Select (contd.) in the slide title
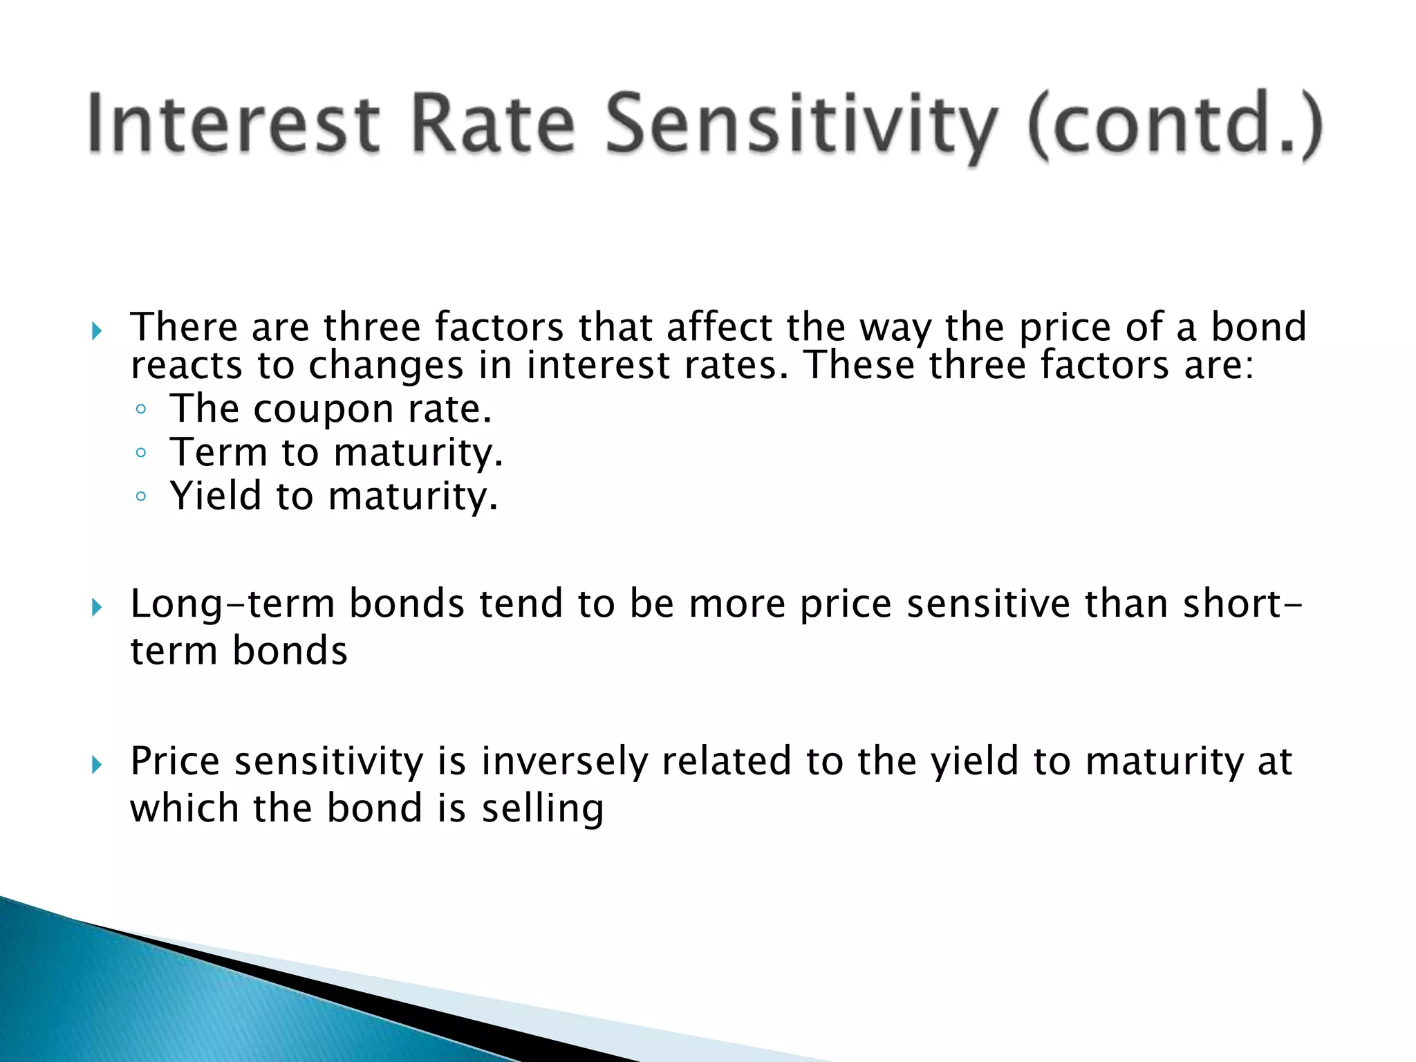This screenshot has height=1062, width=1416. pos(1175,124)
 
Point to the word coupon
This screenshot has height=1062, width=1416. pos(323,409)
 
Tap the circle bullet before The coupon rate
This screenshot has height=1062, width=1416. pos(141,409)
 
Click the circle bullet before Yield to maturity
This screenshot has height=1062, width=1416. pos(141,496)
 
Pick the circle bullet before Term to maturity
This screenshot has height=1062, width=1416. pos(141,453)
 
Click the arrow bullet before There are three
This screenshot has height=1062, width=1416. pos(97,331)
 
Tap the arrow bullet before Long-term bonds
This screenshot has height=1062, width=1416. pos(97,608)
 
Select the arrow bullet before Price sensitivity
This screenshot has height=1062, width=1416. pos(97,765)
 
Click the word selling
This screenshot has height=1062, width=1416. pos(543,808)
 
